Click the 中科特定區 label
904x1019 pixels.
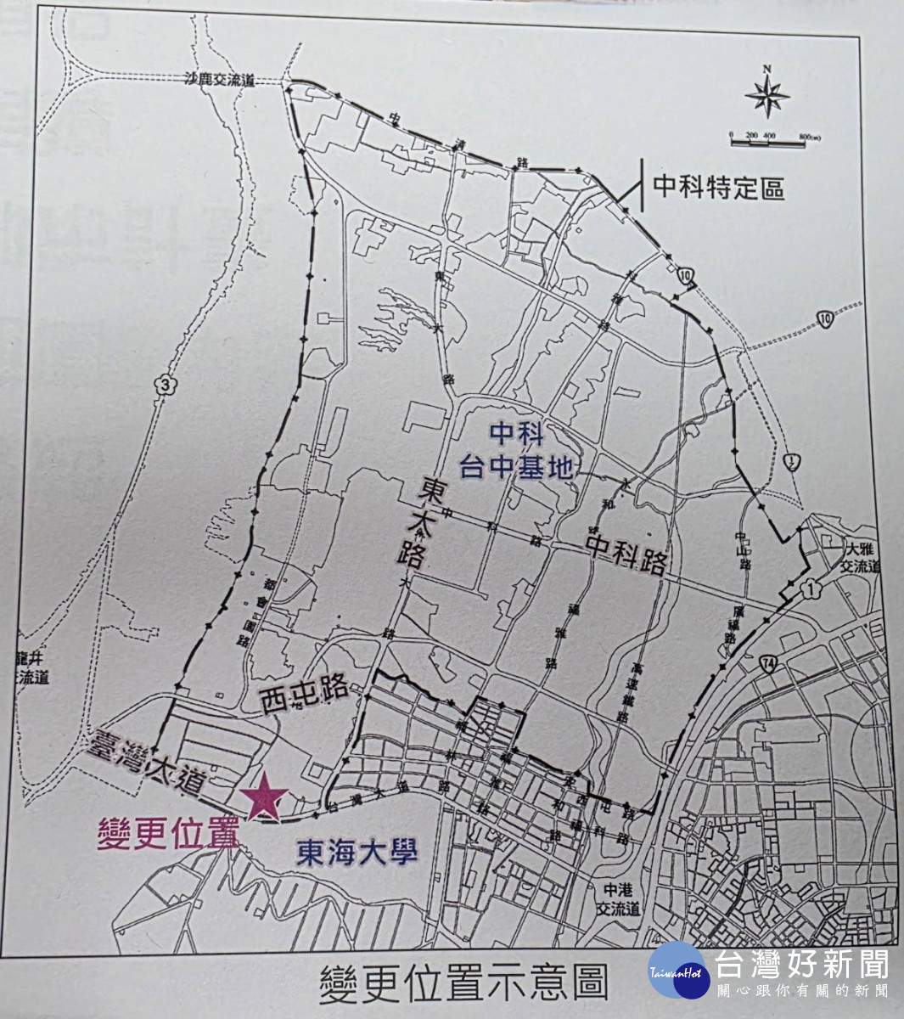[x=718, y=188]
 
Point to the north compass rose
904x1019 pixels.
[x=766, y=96]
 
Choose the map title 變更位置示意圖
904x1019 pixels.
[x=463, y=983]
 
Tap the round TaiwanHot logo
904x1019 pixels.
[x=679, y=971]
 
